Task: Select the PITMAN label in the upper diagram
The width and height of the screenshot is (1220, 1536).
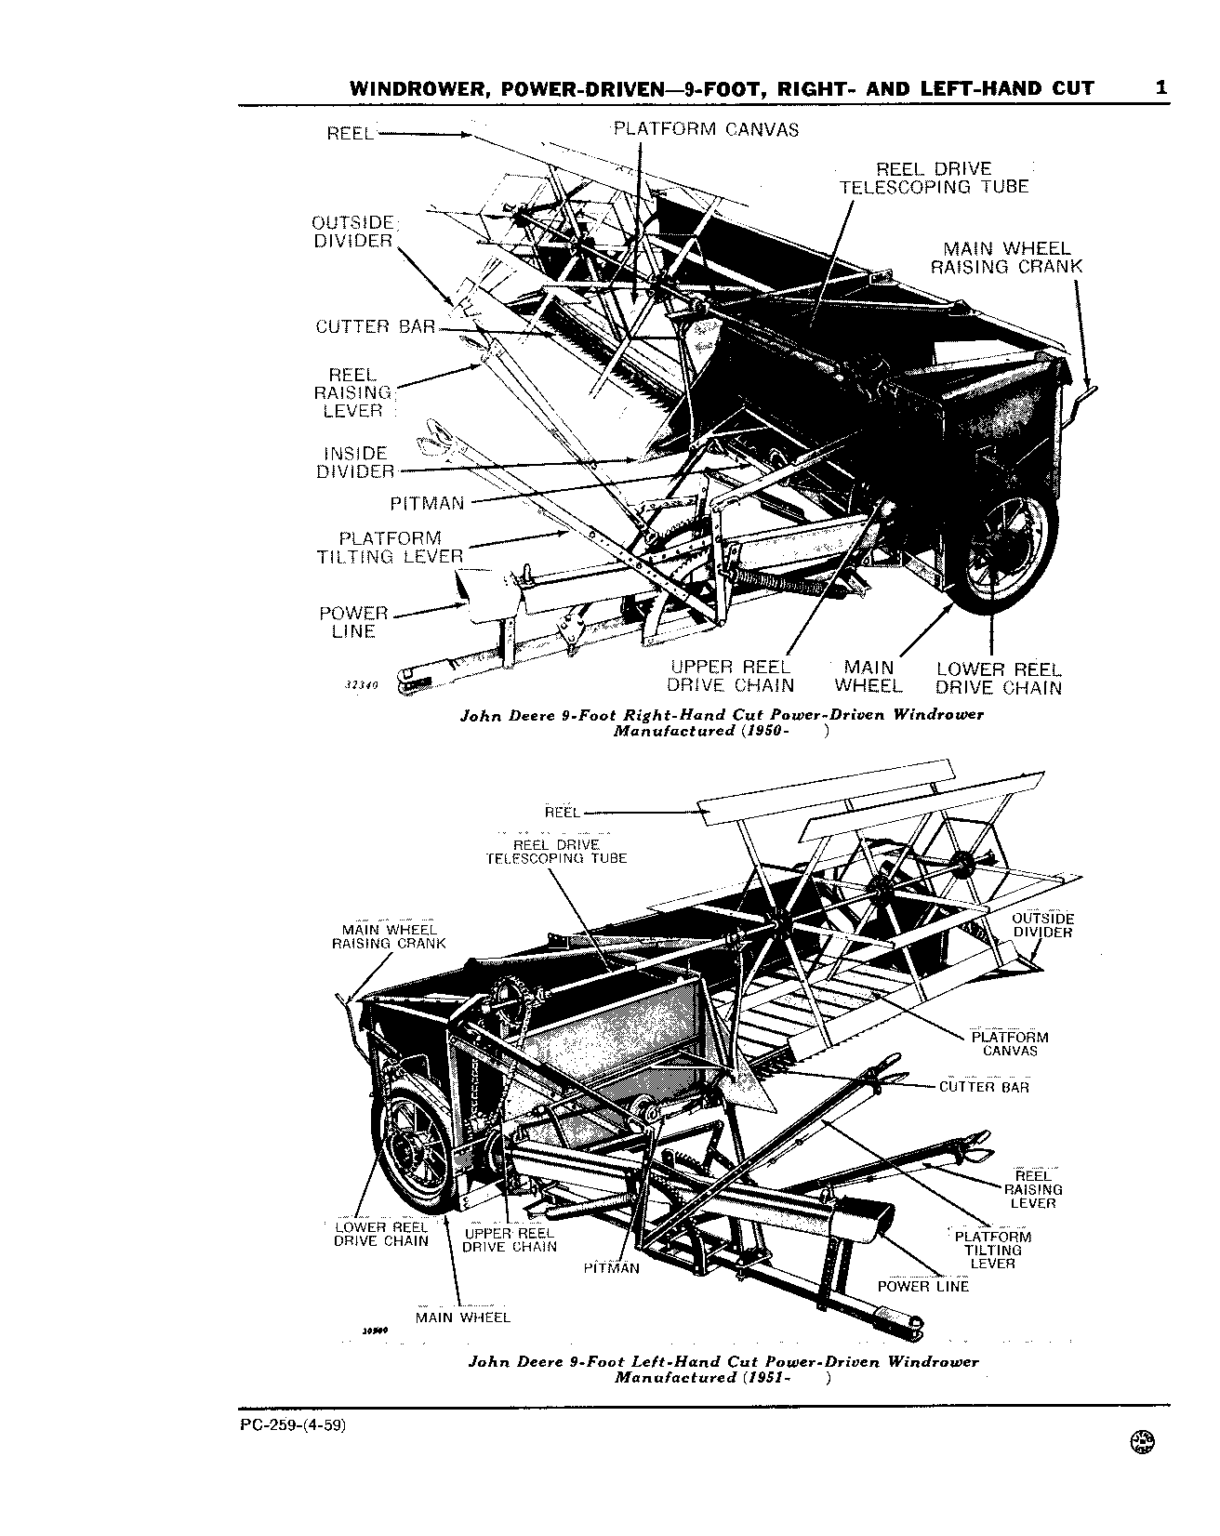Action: point(427,503)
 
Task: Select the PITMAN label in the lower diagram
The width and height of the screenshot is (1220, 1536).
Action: point(612,1267)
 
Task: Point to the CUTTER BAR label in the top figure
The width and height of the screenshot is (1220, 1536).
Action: point(376,326)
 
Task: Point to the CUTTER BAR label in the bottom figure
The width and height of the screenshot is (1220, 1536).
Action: point(985,1086)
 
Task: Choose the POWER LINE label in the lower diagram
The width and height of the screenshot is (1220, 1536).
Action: point(923,1287)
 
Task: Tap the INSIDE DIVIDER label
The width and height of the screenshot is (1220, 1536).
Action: point(355,462)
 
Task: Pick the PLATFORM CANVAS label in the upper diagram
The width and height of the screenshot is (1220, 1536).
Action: point(706,129)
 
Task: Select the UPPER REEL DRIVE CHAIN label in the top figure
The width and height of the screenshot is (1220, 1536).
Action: point(731,677)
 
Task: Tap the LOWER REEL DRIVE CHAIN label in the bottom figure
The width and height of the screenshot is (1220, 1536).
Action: point(381,1234)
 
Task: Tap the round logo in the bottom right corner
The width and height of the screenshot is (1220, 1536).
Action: point(1141,1466)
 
